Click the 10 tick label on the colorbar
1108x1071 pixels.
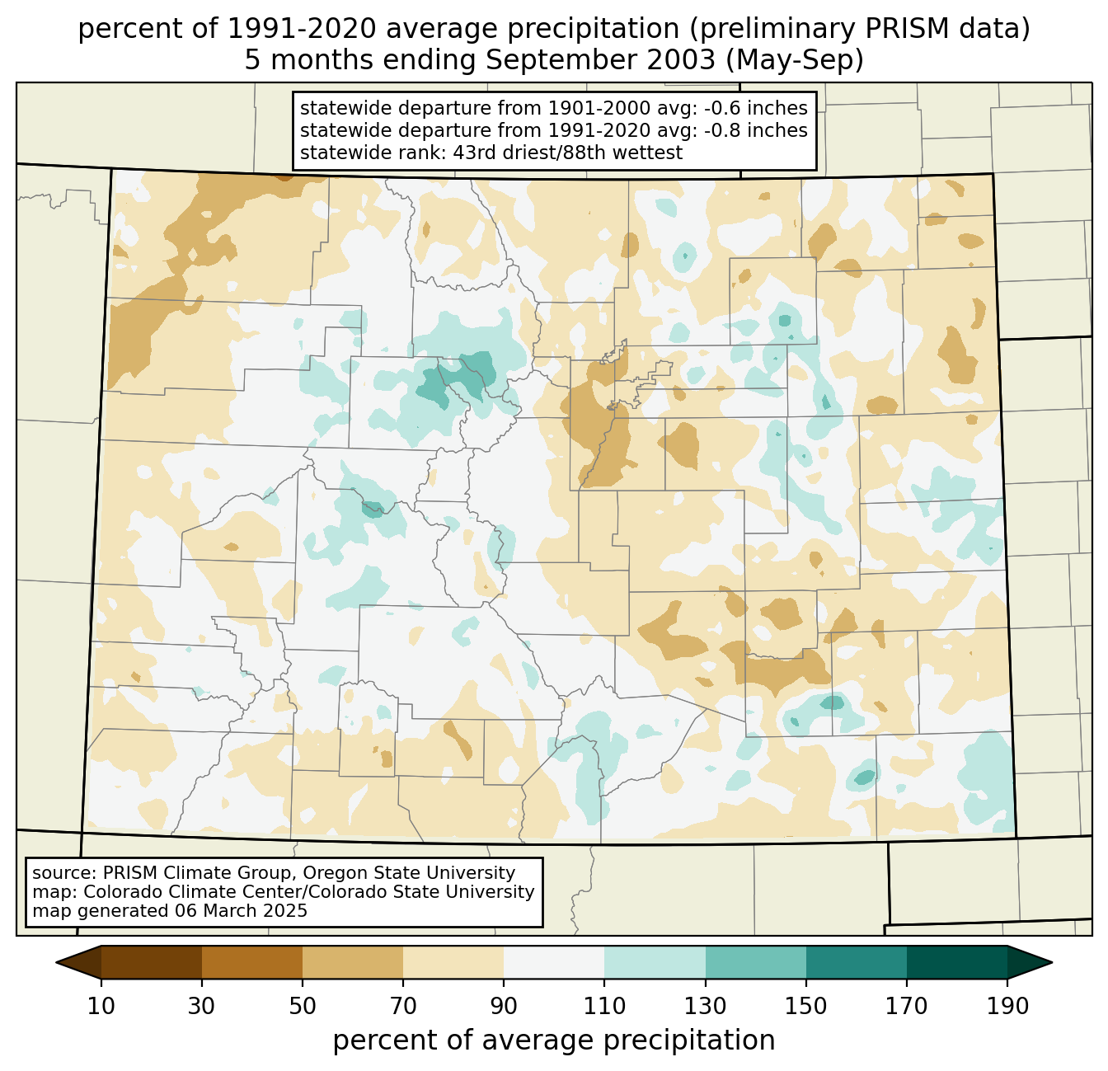pyautogui.click(x=101, y=1006)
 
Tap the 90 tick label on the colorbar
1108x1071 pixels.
pyautogui.click(x=504, y=1006)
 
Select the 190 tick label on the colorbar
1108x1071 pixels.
pyautogui.click(x=1007, y=1006)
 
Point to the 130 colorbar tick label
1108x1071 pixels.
pyautogui.click(x=706, y=1006)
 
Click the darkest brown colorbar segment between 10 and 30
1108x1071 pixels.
pyautogui.click(x=152, y=962)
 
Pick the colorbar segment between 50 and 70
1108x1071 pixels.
pyautogui.click(x=353, y=962)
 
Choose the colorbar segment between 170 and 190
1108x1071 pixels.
pyautogui.click(x=957, y=962)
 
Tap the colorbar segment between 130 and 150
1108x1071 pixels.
pyautogui.click(x=756, y=962)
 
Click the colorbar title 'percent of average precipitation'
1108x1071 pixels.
pyautogui.click(x=554, y=1040)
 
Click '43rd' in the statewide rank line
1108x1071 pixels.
pyautogui.click(x=472, y=153)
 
